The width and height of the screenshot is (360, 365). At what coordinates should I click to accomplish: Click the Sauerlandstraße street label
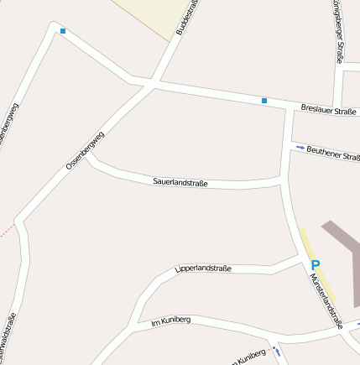tap(180, 182)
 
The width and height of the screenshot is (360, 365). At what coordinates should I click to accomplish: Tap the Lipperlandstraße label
tap(203, 269)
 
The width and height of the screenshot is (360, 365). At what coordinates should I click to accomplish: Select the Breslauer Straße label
tap(328, 110)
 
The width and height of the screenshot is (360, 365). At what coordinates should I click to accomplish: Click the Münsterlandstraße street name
tap(326, 293)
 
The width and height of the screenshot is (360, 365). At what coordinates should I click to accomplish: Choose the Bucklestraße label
tap(185, 18)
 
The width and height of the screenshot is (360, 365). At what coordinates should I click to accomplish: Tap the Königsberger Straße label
tap(337, 32)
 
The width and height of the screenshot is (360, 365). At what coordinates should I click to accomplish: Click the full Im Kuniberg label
tap(170, 321)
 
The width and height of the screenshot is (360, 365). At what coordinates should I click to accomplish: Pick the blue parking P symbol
tap(316, 266)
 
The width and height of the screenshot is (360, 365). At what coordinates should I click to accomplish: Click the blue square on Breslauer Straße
tap(264, 101)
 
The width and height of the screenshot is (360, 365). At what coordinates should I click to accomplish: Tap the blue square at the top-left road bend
tap(63, 32)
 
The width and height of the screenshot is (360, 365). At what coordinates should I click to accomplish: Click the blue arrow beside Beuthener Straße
tap(300, 148)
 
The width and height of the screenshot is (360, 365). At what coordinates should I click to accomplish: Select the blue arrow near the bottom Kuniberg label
tap(276, 352)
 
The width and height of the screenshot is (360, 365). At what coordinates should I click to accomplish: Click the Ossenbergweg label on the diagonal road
tap(85, 151)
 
